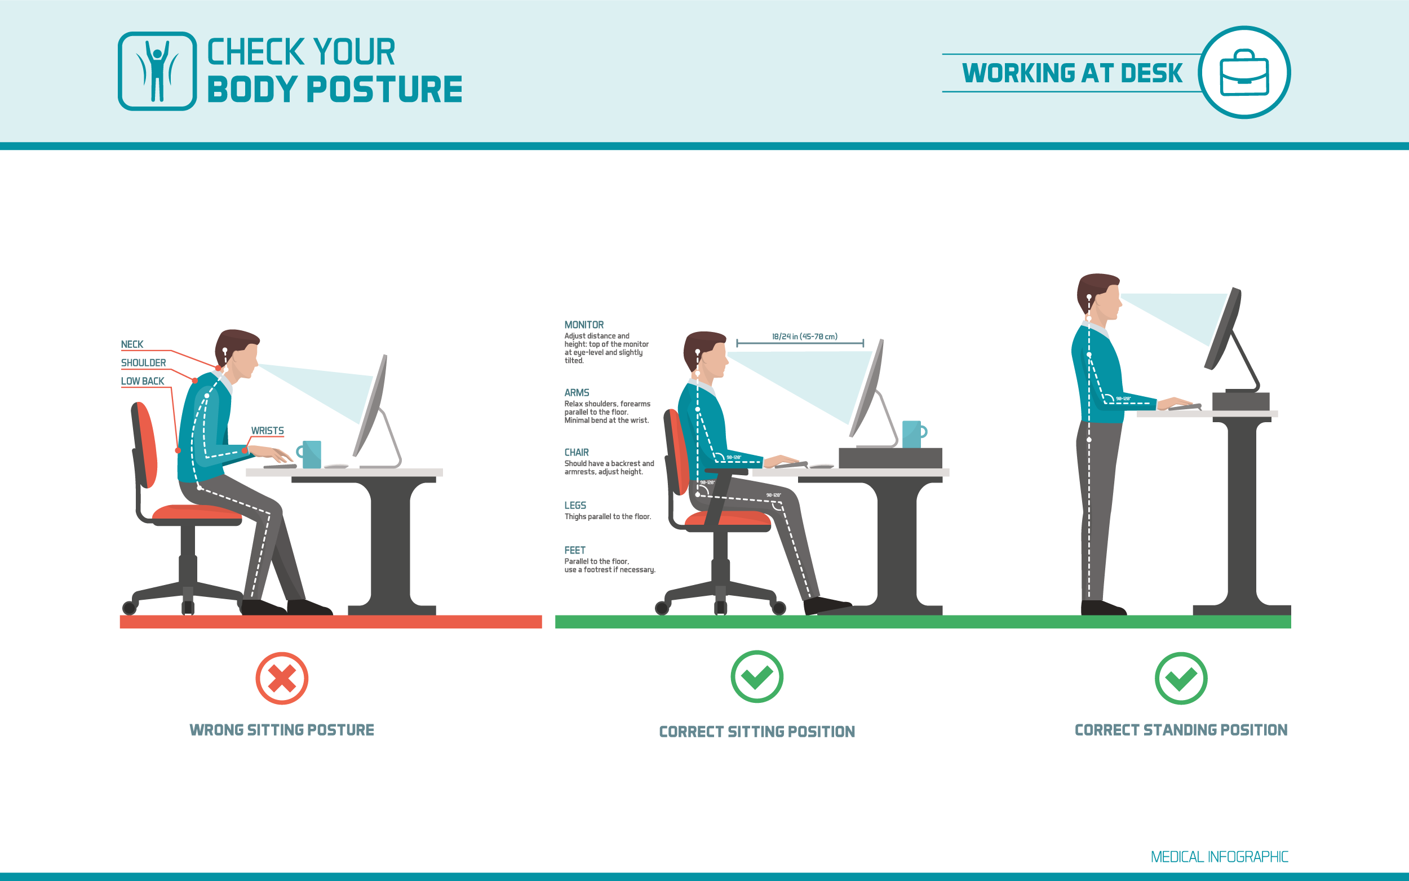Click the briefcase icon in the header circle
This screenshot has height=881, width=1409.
pyautogui.click(x=1244, y=73)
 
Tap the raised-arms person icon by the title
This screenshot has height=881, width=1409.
pyautogui.click(x=157, y=71)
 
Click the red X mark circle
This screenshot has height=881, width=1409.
pyautogui.click(x=282, y=678)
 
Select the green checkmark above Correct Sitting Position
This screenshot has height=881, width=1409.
pyautogui.click(x=756, y=676)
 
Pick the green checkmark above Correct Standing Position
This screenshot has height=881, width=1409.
pyautogui.click(x=1181, y=678)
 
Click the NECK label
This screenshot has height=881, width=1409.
pyautogui.click(x=132, y=344)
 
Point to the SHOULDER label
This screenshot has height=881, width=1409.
pyautogui.click(x=143, y=363)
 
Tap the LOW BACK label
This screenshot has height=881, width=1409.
pyautogui.click(x=143, y=381)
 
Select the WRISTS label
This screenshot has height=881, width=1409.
pyautogui.click(x=267, y=431)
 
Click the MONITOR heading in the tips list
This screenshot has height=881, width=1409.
pyautogui.click(x=584, y=325)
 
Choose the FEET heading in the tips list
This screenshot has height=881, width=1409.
pyautogui.click(x=575, y=550)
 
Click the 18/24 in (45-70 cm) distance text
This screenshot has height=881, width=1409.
pyautogui.click(x=804, y=336)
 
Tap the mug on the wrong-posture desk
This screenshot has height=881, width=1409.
pyautogui.click(x=312, y=454)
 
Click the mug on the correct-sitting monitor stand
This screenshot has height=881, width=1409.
pyautogui.click(x=912, y=434)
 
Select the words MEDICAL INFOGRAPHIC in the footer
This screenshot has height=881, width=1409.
pyautogui.click(x=1219, y=857)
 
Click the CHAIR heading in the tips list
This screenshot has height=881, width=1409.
pyautogui.click(x=577, y=452)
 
